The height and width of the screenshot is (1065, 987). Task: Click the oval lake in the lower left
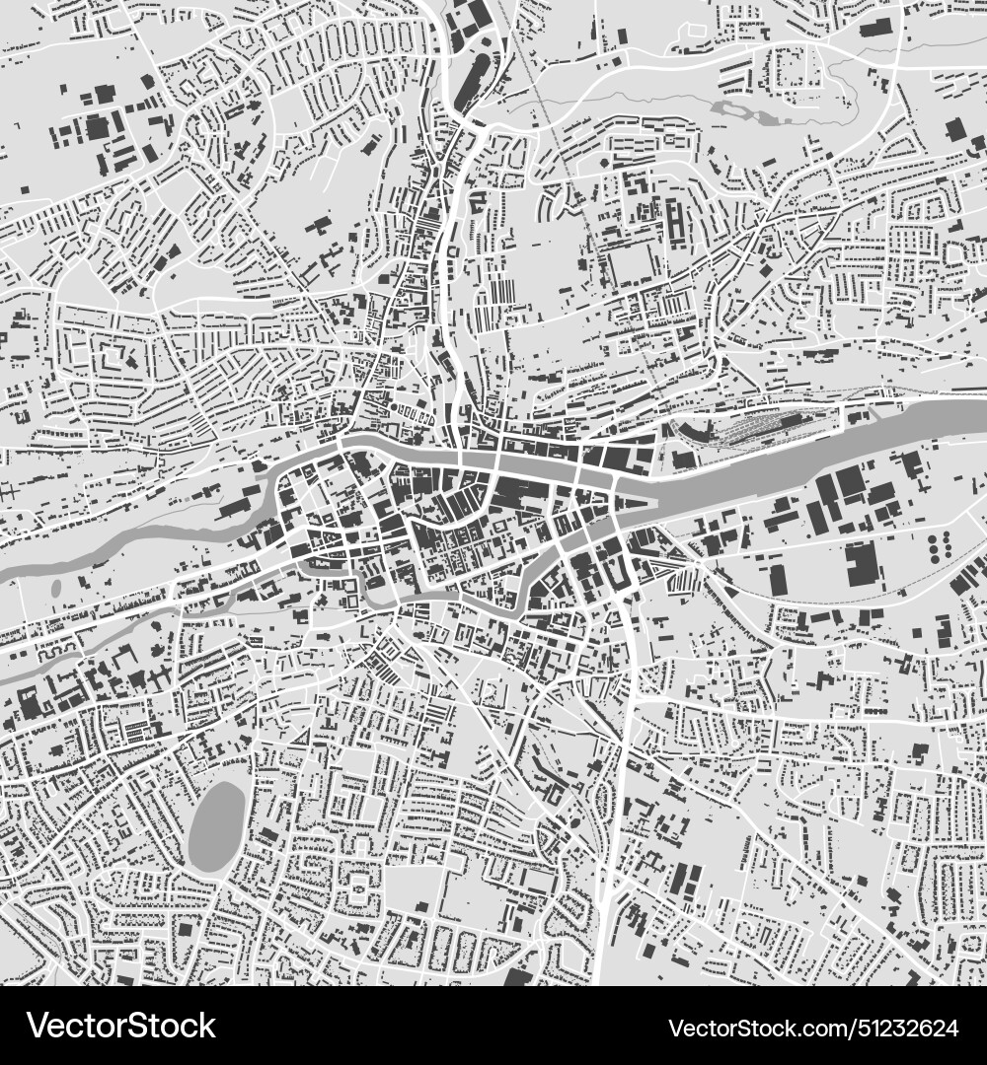(x=216, y=826)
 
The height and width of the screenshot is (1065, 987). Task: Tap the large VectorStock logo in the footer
(x=121, y=1027)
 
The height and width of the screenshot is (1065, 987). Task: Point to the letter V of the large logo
(x=38, y=1027)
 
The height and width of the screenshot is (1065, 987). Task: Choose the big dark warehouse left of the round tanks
(x=862, y=562)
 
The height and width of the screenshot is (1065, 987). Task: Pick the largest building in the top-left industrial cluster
(x=97, y=127)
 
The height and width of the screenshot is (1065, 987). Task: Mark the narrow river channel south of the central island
(x=464, y=597)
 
